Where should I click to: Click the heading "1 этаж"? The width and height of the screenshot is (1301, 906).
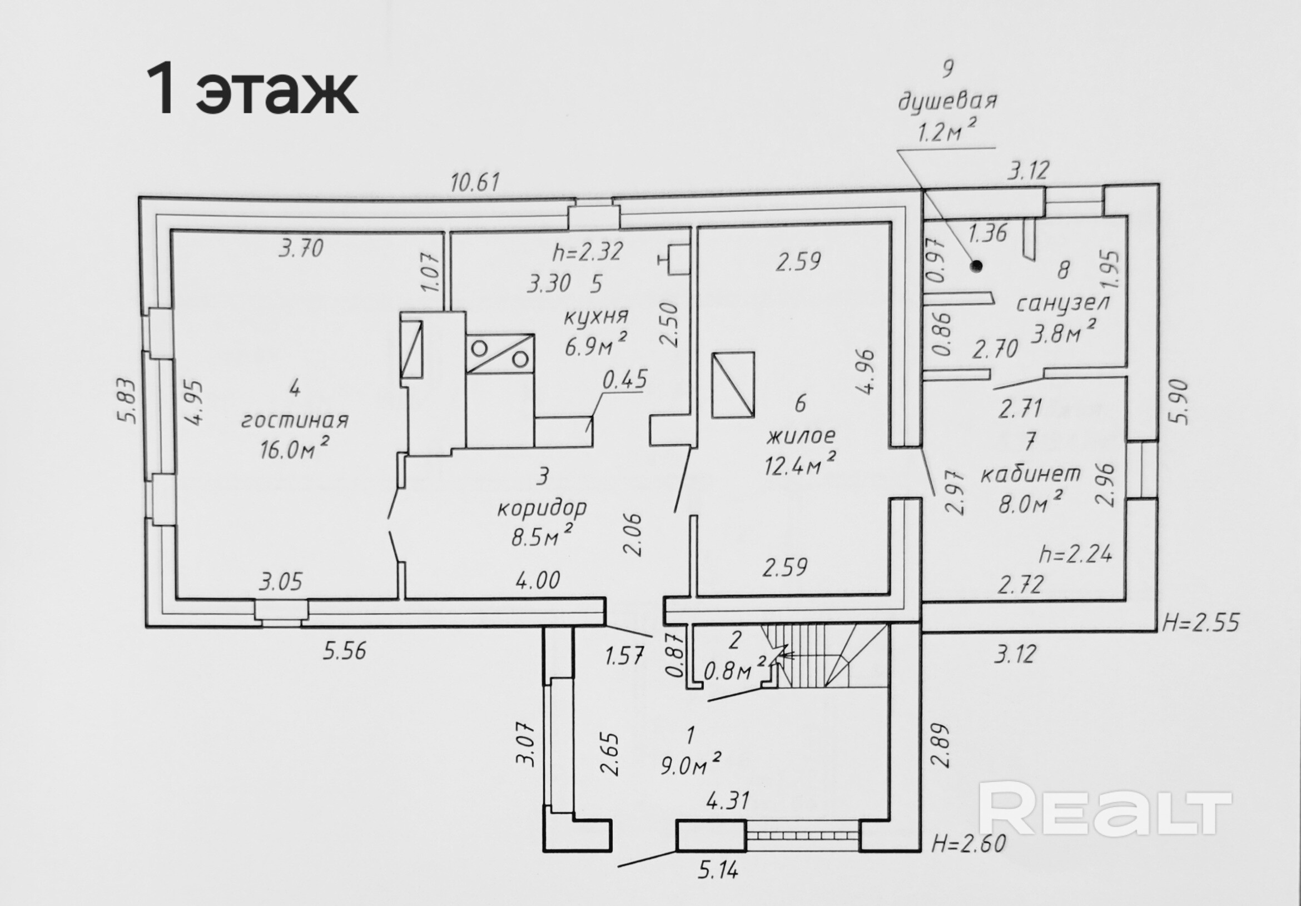[x=252, y=91]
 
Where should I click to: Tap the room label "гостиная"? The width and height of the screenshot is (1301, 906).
[x=295, y=420]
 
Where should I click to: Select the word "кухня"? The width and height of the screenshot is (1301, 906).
[x=595, y=316]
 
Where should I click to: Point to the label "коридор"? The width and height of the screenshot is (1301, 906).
[x=542, y=508]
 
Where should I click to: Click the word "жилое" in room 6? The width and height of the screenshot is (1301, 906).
[x=801, y=436]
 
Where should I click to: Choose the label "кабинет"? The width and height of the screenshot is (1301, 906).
[x=1031, y=473]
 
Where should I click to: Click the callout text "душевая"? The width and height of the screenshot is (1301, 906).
[x=947, y=102]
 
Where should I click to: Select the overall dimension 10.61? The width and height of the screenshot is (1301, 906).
[x=475, y=183]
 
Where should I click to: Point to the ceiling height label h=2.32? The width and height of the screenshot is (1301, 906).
[x=588, y=251]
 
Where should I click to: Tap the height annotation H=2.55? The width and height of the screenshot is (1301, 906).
[x=1200, y=623]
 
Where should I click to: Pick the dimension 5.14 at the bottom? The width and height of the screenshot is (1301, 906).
[x=718, y=886]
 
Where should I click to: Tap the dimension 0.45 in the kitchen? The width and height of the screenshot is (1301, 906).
[x=624, y=380]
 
